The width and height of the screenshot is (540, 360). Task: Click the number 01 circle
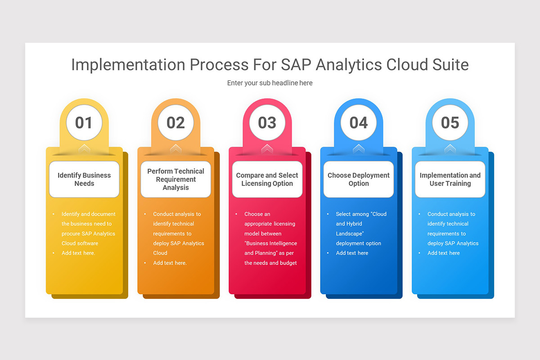(84, 122)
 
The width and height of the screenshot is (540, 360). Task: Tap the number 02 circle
(175, 122)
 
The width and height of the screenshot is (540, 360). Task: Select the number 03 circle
(267, 122)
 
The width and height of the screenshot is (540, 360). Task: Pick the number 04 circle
(359, 122)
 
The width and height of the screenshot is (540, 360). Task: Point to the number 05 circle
(450, 122)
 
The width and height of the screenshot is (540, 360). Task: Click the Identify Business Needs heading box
(84, 180)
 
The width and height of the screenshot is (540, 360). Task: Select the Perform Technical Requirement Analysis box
(175, 180)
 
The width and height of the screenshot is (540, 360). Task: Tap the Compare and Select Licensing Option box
(267, 180)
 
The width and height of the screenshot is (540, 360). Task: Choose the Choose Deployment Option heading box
(359, 180)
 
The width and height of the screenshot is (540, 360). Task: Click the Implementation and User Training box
(450, 180)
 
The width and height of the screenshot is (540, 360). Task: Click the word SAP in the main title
(296, 65)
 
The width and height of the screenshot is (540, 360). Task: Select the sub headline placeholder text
(270, 83)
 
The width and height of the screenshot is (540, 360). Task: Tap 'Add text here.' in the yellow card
(78, 253)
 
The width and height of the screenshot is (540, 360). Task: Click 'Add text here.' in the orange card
(170, 263)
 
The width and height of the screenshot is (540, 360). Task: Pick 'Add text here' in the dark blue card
(352, 253)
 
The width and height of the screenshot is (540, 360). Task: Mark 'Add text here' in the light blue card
(444, 253)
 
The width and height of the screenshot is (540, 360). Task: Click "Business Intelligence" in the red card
(271, 243)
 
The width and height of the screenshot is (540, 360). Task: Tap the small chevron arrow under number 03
(267, 148)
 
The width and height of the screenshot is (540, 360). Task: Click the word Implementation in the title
(128, 65)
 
